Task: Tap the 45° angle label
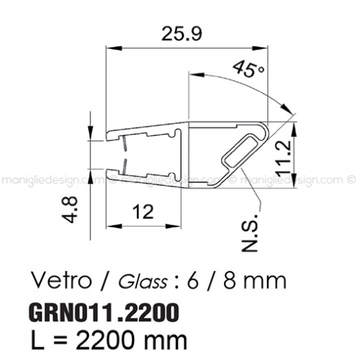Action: click(250, 70)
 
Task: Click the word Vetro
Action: click(60, 280)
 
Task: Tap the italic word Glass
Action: click(137, 281)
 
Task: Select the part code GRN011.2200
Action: click(102, 312)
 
